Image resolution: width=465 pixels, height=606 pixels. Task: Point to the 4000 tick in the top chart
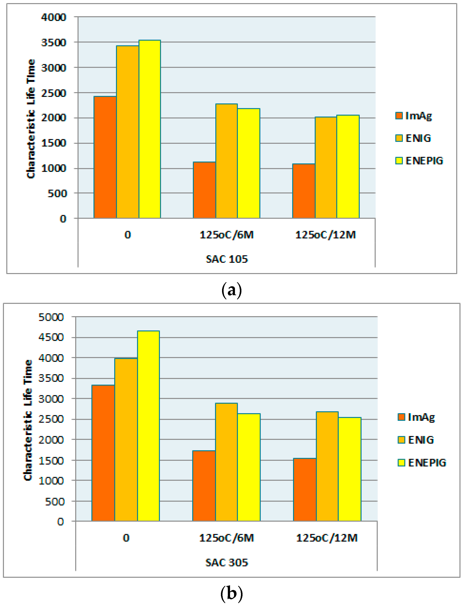click(x=54, y=17)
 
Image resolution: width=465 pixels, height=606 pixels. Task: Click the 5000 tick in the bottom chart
click(x=51, y=317)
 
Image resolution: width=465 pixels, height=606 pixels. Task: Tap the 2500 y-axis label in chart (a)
click(x=54, y=93)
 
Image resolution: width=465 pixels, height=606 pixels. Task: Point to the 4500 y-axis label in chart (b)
click(x=51, y=337)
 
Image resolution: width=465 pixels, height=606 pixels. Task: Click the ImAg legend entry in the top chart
click(x=414, y=116)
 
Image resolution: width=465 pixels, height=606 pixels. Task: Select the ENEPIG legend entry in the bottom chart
click(x=422, y=463)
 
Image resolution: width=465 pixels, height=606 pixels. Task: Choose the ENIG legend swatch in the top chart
click(x=399, y=138)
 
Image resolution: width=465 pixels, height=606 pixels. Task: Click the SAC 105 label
click(x=227, y=259)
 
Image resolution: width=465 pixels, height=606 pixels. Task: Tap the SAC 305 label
click(x=227, y=562)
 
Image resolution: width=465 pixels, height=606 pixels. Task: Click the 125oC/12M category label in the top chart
click(x=326, y=235)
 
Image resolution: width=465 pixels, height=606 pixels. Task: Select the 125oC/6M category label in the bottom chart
click(x=226, y=538)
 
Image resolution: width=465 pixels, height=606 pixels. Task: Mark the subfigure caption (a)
click(x=232, y=290)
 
